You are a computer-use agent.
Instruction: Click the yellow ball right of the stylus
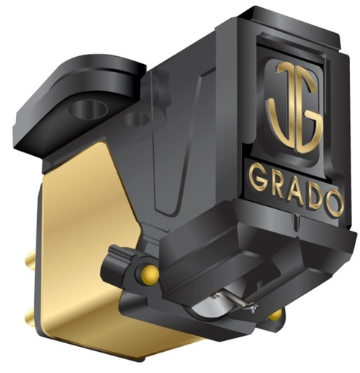tap(275, 315)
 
